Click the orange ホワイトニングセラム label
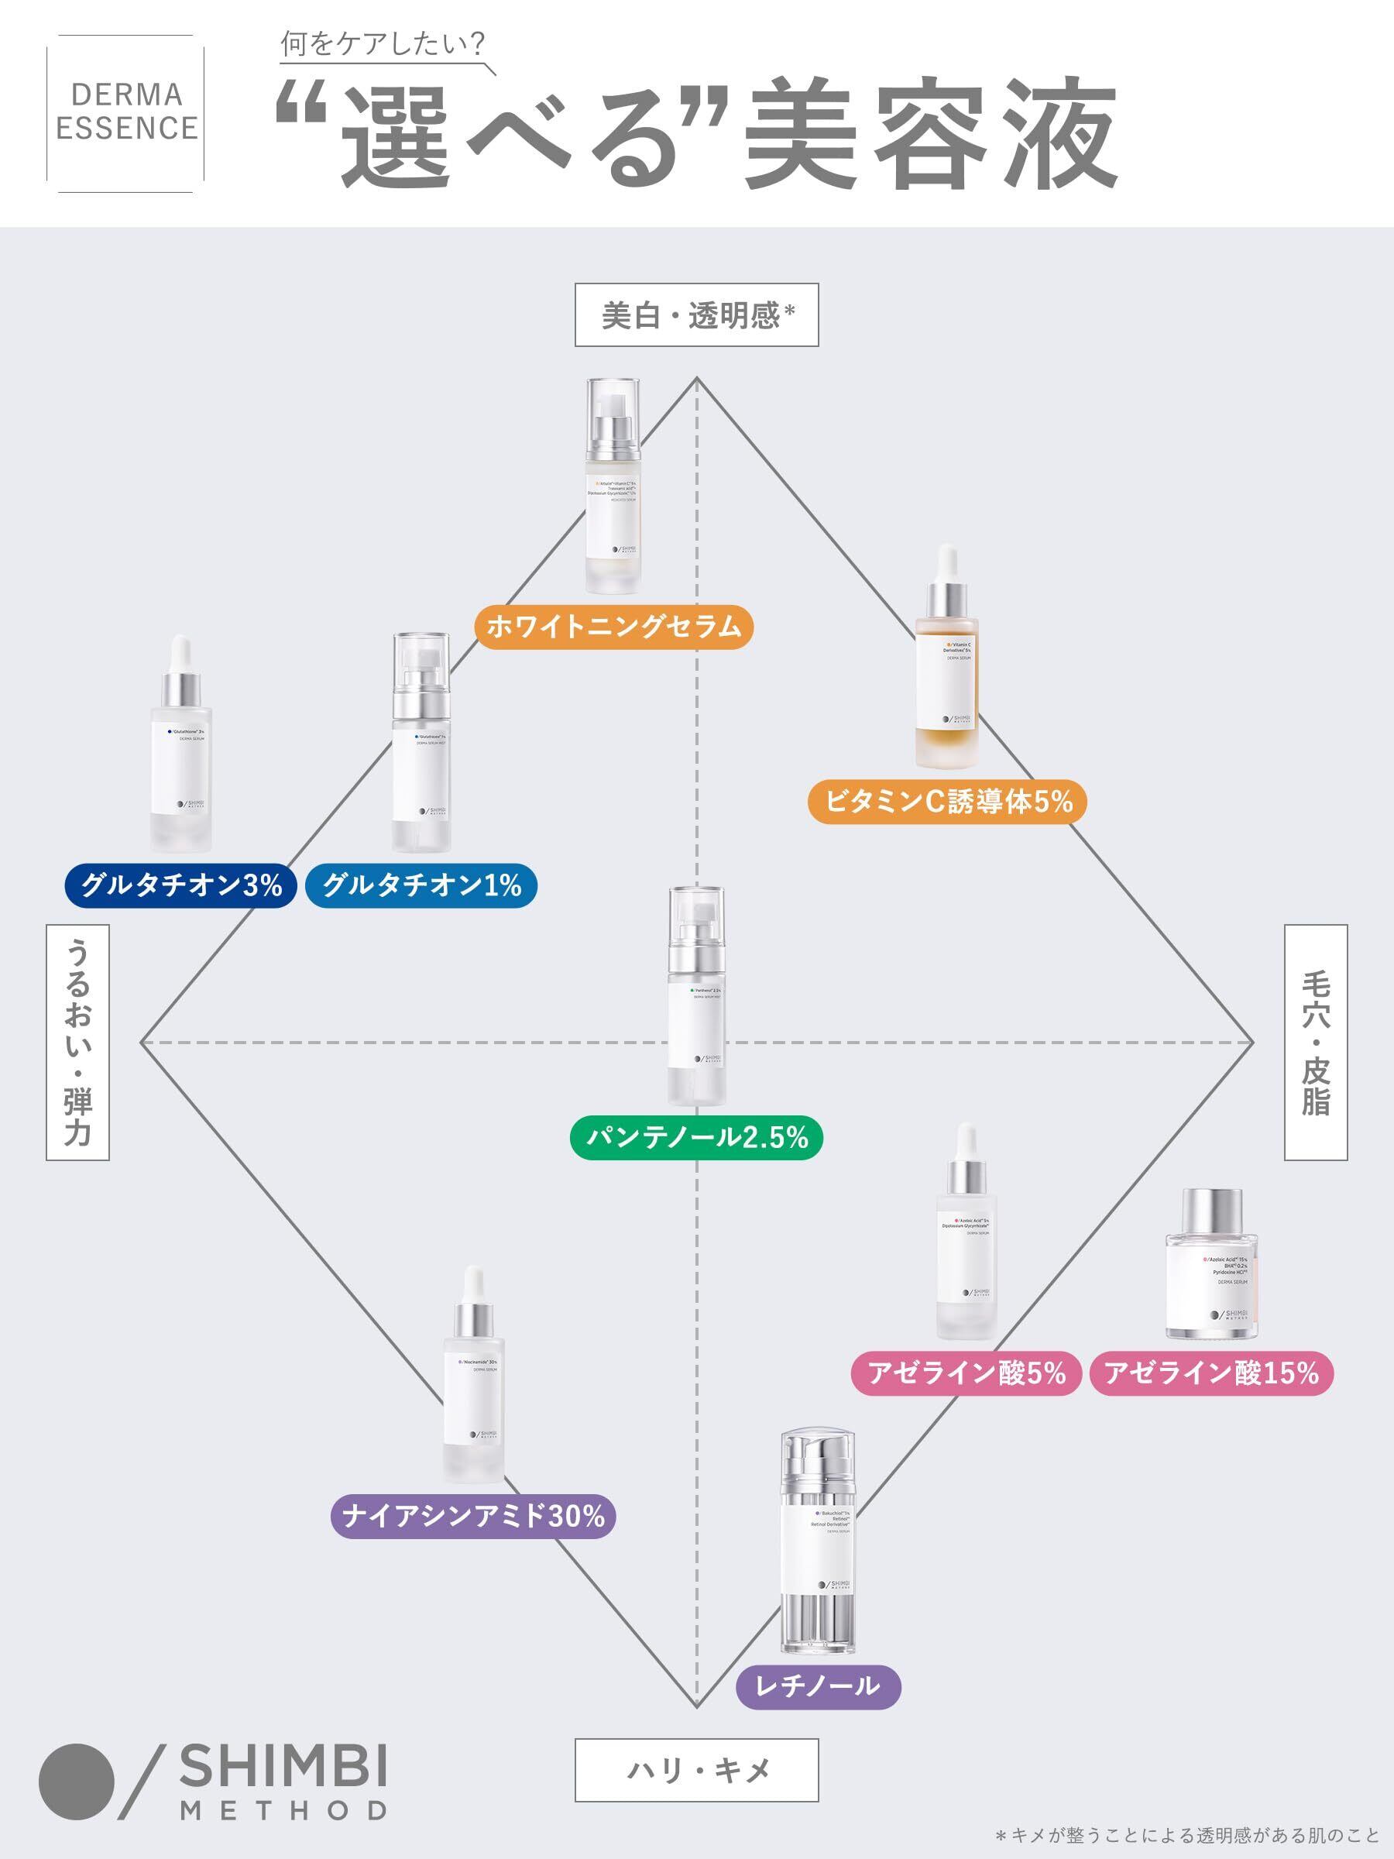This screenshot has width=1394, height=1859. click(613, 627)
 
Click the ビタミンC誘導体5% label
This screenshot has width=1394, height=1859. click(948, 802)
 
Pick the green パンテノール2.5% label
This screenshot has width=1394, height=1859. click(696, 1138)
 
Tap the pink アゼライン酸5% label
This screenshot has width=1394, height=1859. click(967, 1373)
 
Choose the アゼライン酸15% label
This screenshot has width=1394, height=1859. click(1210, 1373)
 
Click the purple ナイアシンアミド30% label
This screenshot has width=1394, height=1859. click(473, 1516)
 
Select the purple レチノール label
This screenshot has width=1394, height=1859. click(818, 1684)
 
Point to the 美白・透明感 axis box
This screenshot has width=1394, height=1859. click(696, 315)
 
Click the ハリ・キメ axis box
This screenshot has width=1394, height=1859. click(696, 1770)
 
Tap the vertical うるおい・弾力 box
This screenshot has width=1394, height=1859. click(77, 1042)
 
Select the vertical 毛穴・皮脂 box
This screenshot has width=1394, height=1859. click(1316, 1042)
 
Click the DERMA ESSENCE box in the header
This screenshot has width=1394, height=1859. click(126, 112)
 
